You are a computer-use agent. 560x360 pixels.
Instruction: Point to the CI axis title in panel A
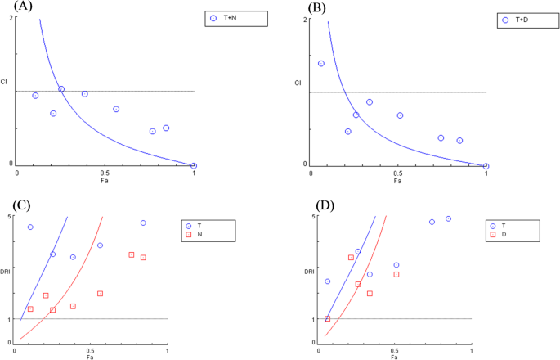(x=5, y=82)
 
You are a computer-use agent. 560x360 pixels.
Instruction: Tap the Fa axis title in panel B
(x=397, y=180)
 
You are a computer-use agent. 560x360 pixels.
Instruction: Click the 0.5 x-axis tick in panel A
(x=105, y=173)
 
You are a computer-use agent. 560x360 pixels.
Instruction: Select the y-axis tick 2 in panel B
(x=305, y=19)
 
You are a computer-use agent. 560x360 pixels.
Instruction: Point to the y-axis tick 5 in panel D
(x=313, y=216)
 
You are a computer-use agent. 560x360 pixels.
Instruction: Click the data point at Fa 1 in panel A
(x=194, y=165)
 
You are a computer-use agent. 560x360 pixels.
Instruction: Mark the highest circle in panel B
(x=321, y=63)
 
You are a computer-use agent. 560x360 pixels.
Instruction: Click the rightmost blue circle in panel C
(x=143, y=223)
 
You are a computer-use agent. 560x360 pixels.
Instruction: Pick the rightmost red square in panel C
(x=143, y=258)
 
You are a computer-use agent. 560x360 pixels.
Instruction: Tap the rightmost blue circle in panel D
(x=448, y=218)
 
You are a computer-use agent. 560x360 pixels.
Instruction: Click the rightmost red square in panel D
(x=419, y=274)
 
